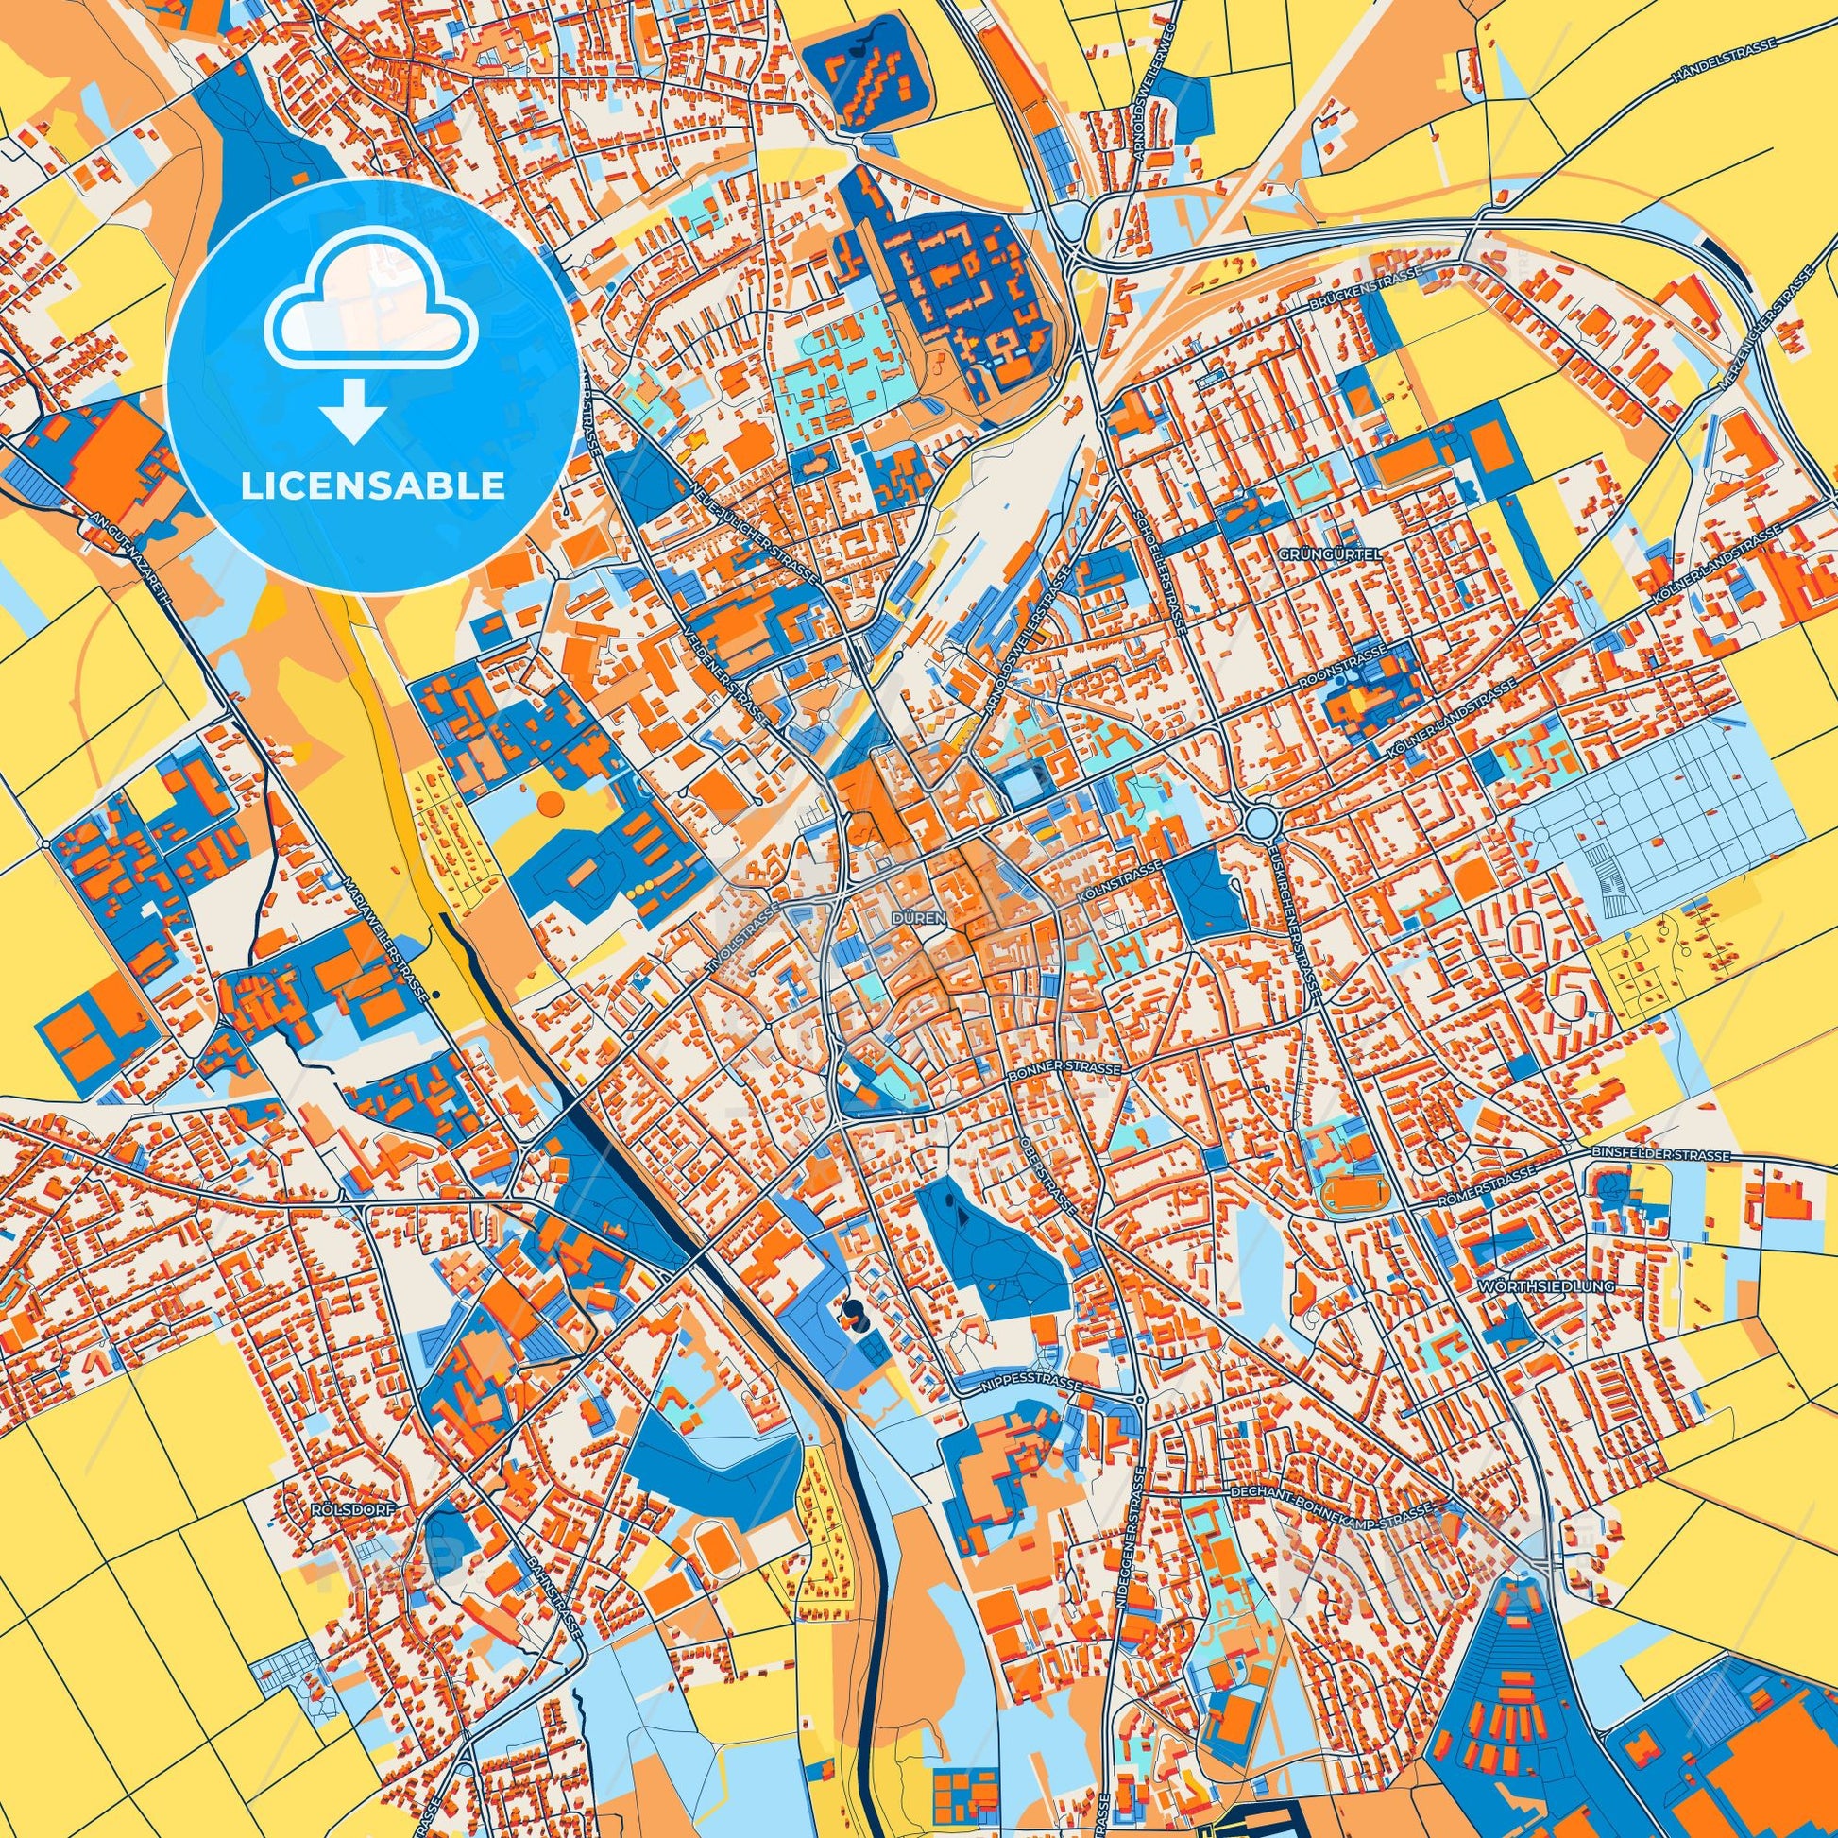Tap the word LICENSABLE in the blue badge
(x=373, y=486)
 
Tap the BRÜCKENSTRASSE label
(x=1366, y=286)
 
